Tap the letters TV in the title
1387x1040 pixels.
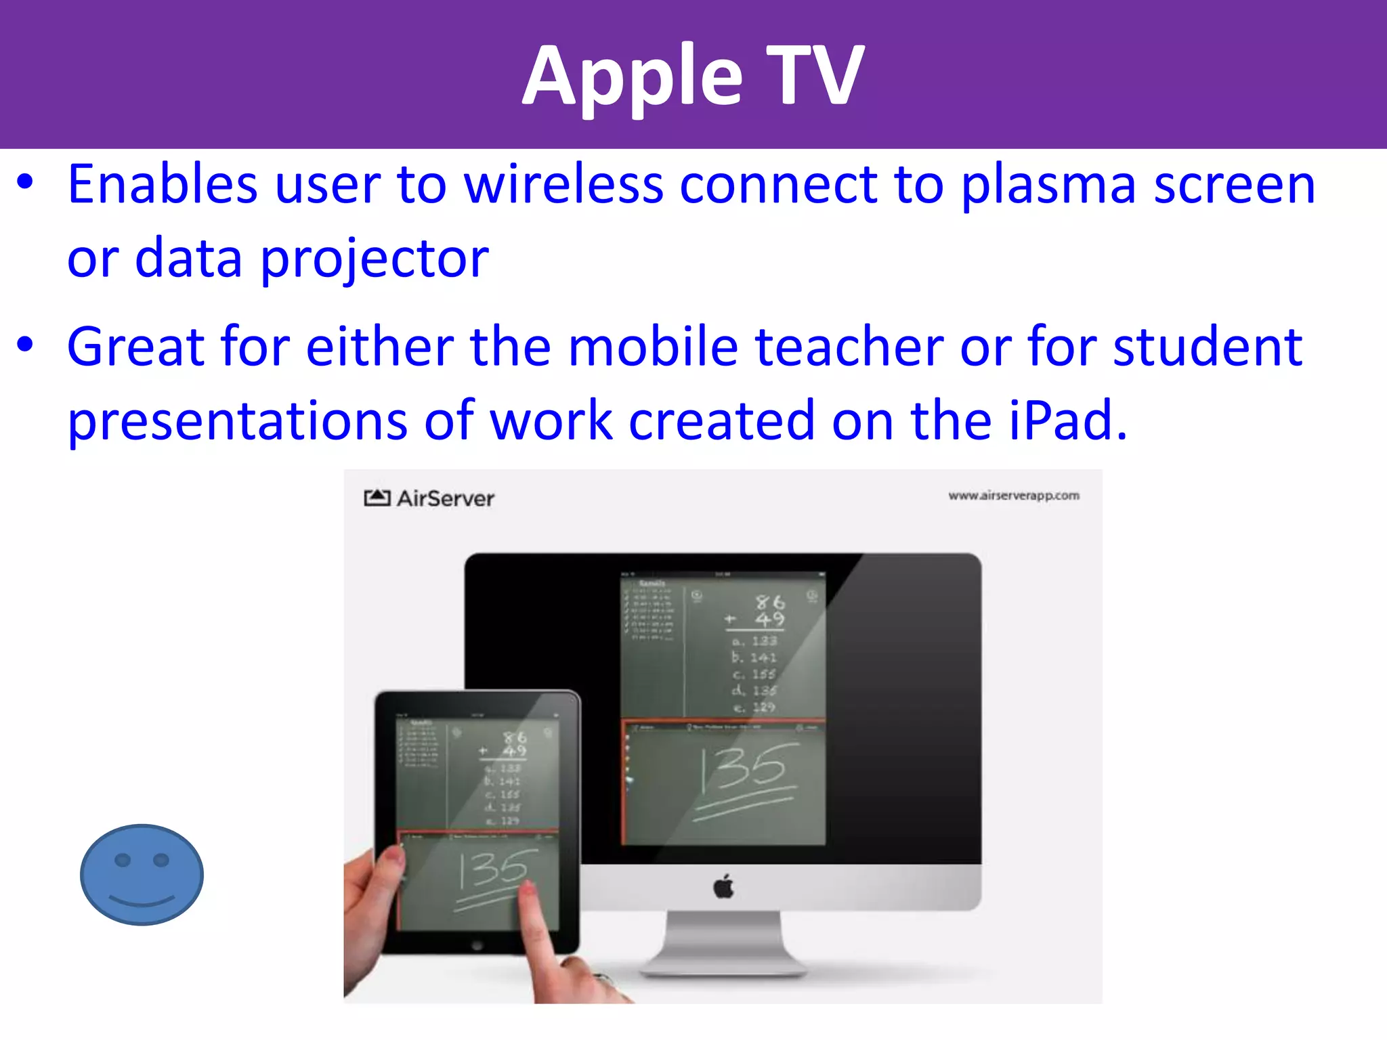(815, 76)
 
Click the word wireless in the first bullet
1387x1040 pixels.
(563, 185)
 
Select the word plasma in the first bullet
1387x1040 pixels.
(1047, 185)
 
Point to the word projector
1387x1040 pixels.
(374, 259)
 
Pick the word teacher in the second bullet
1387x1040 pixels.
(849, 347)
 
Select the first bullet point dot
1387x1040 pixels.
(25, 183)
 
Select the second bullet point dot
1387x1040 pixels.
(25, 345)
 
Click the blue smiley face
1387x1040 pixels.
(142, 874)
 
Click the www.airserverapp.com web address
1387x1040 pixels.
(1013, 496)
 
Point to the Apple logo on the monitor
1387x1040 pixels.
(724, 886)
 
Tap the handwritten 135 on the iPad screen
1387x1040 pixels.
(492, 871)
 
